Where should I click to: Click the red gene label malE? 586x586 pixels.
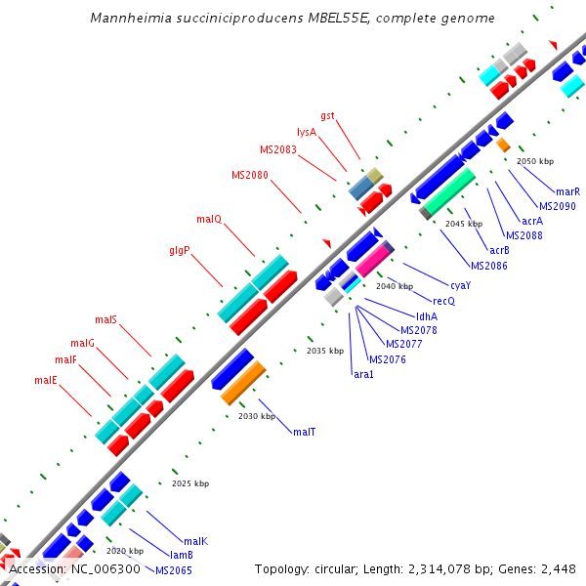[46, 380]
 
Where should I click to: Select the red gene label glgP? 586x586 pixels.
[179, 250]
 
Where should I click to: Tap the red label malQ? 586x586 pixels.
[209, 219]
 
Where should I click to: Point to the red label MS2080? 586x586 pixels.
[250, 175]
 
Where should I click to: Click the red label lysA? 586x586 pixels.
[307, 132]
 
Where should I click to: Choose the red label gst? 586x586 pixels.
[328, 115]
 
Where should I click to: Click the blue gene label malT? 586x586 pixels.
[304, 431]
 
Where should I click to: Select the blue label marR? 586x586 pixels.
[567, 191]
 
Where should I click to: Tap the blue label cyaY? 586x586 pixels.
[460, 285]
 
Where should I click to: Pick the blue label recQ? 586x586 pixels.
[444, 301]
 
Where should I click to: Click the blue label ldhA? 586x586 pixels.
[427, 316]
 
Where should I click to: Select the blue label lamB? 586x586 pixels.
[169, 555]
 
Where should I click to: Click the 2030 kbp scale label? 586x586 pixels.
[256, 416]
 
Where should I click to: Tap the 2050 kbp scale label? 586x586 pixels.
[534, 160]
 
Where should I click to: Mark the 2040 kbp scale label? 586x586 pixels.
[395, 286]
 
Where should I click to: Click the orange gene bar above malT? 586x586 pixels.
[243, 383]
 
